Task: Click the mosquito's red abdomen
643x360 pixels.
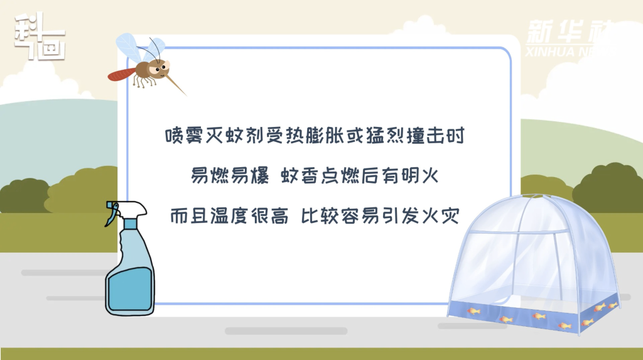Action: pyautogui.click(x=121, y=74)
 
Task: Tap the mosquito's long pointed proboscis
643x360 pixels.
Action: pyautogui.click(x=176, y=84)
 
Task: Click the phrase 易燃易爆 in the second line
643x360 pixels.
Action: pyautogui.click(x=230, y=175)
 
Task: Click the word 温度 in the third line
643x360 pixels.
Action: pyautogui.click(x=229, y=215)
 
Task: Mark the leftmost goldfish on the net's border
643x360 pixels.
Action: pyautogui.click(x=473, y=312)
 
